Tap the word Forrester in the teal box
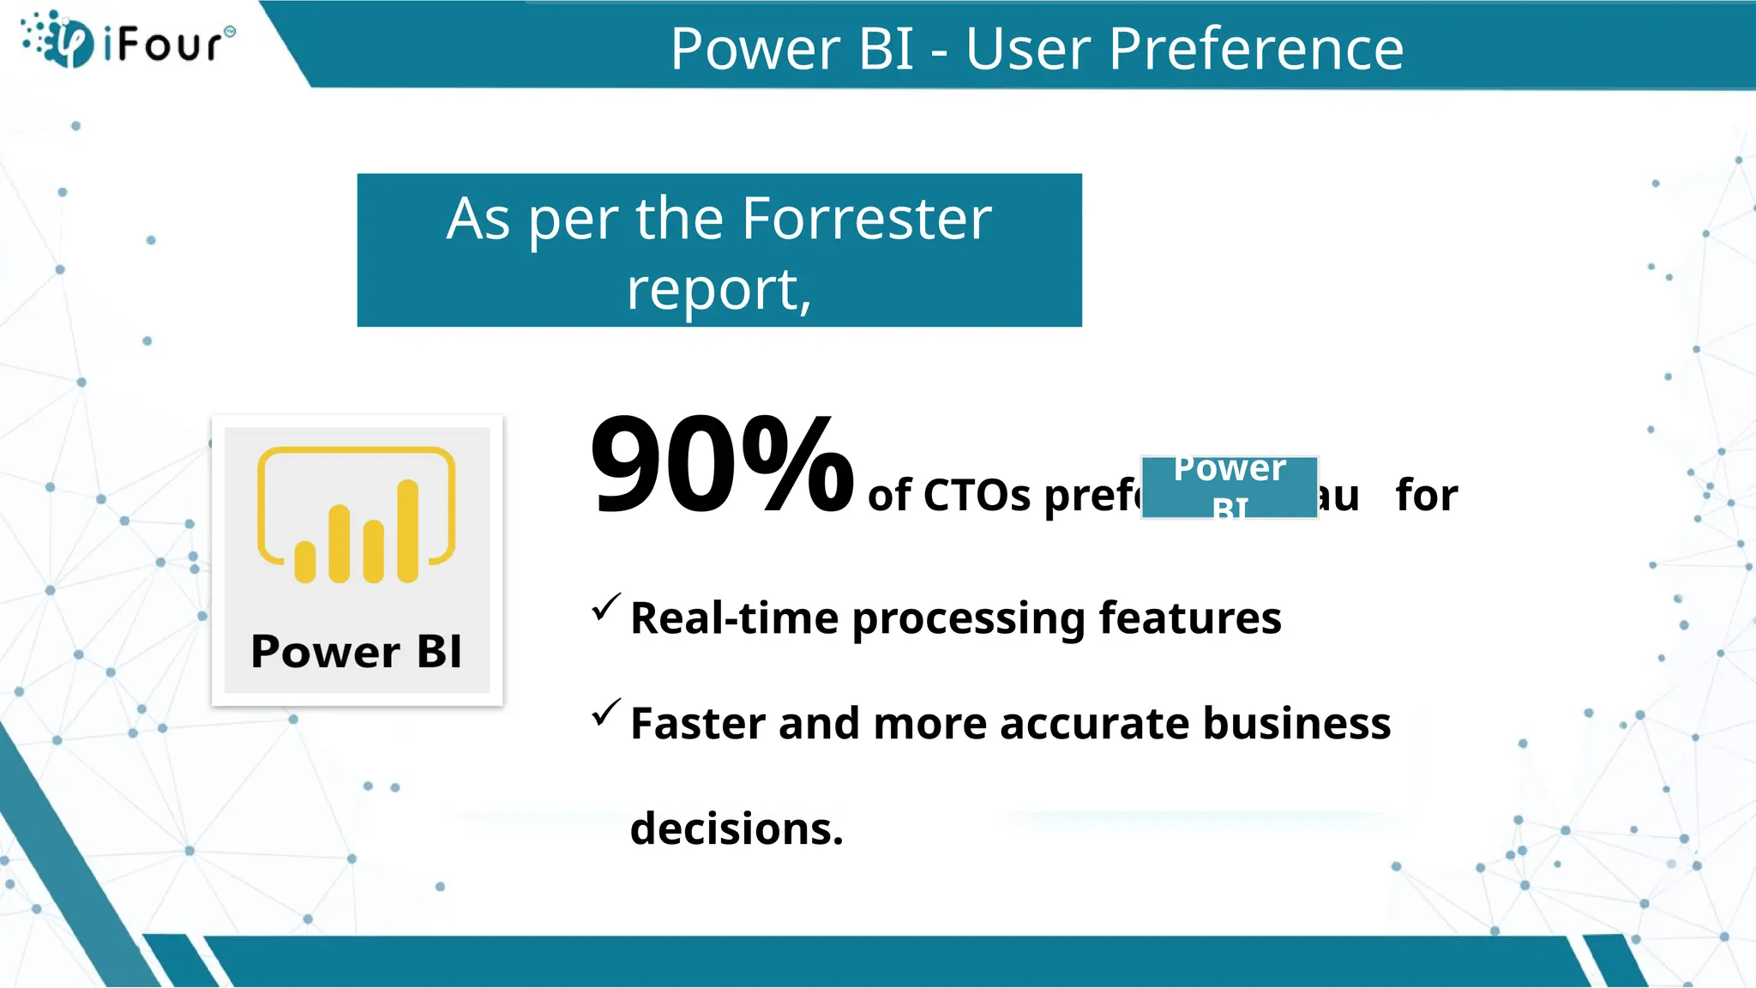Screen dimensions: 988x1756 [866, 219]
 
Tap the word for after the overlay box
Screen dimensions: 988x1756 [1426, 496]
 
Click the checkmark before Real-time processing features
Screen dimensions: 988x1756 [605, 607]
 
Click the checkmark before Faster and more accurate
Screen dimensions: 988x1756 [605, 713]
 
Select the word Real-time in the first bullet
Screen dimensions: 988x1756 [734, 618]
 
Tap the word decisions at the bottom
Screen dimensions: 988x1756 [736, 829]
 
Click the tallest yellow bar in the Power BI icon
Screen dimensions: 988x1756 [408, 532]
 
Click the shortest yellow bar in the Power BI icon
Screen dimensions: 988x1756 [305, 562]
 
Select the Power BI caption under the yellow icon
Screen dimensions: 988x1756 [356, 652]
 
